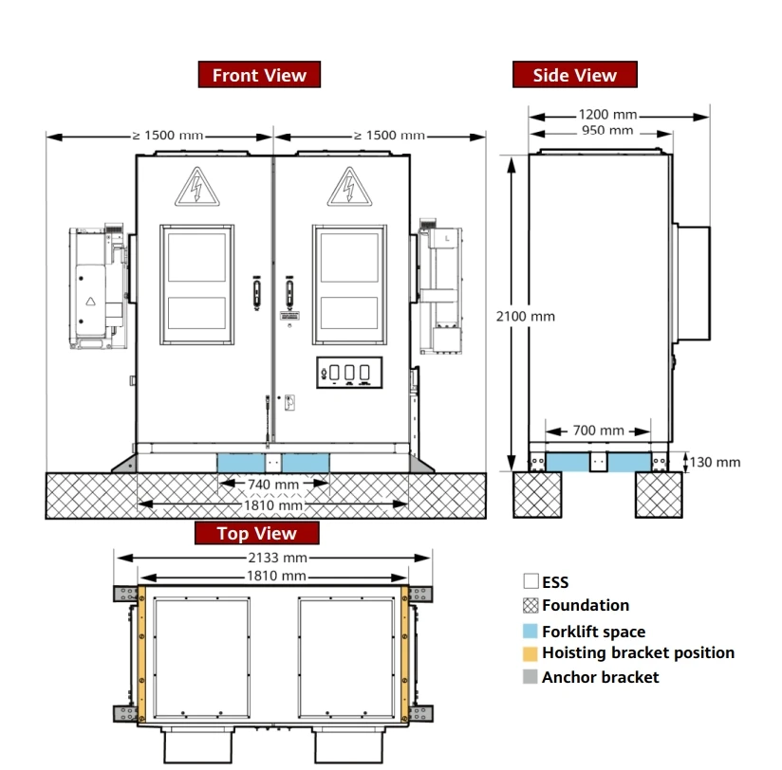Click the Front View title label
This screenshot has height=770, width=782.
tap(259, 75)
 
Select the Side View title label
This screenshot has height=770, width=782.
tap(574, 75)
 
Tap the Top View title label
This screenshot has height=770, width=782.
tap(256, 534)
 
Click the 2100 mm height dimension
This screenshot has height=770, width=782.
tap(526, 316)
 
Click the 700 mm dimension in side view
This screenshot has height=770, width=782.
tap(598, 431)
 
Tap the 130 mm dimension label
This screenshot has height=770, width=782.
tap(715, 462)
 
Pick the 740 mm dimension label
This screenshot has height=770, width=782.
tap(273, 485)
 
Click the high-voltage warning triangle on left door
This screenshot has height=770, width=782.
tap(195, 188)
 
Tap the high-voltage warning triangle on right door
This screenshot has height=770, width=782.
tap(348, 188)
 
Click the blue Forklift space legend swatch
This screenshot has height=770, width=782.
tap(531, 632)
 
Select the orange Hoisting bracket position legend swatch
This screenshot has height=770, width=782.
tap(531, 653)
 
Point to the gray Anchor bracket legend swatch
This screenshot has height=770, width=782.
tap(531, 677)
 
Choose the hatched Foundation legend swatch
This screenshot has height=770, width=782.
tap(531, 605)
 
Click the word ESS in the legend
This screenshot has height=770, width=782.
tap(555, 581)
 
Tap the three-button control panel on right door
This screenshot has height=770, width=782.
tap(348, 373)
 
